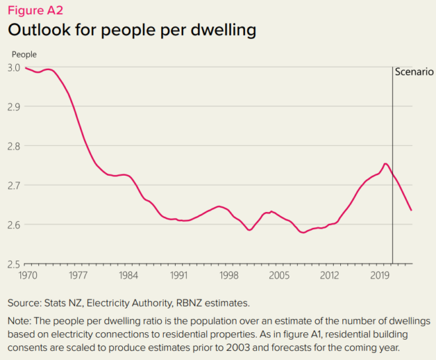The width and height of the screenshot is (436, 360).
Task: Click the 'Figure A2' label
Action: (x=35, y=10)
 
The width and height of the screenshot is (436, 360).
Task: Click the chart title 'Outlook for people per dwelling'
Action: (x=132, y=30)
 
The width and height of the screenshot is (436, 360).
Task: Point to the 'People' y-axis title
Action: (x=24, y=54)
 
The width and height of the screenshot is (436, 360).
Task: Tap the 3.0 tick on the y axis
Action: (x=14, y=67)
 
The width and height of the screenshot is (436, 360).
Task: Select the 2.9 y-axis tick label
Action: (x=14, y=106)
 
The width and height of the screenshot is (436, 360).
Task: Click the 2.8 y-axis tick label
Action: (x=14, y=146)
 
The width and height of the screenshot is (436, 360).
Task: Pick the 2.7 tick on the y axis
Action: (x=14, y=185)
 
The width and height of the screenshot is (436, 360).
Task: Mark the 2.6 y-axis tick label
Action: (x=14, y=225)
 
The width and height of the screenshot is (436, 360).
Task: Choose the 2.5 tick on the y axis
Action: (x=14, y=264)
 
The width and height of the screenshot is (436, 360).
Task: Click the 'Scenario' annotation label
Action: (x=414, y=72)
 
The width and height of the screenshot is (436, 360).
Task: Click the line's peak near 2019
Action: (x=386, y=164)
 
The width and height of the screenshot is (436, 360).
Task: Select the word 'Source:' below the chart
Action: (x=25, y=303)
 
